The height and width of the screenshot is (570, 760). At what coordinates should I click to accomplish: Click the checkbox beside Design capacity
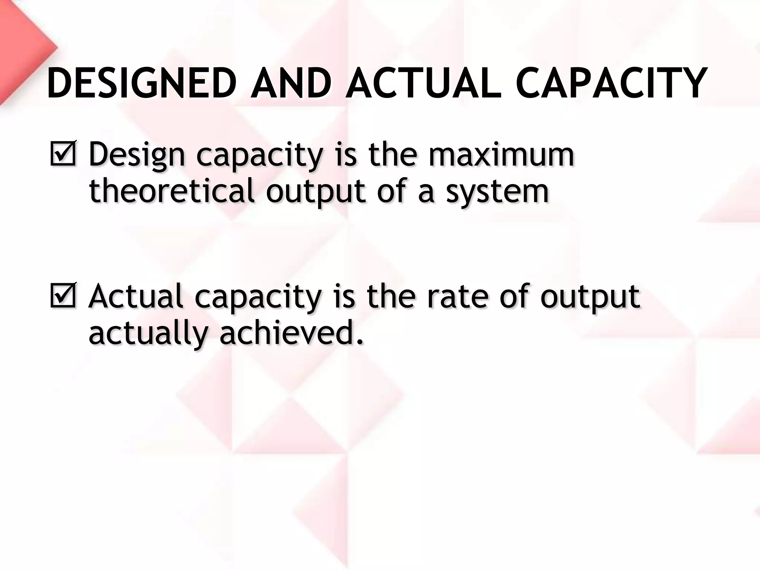[62, 154]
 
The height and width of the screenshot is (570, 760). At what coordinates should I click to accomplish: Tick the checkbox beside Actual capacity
[62, 296]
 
